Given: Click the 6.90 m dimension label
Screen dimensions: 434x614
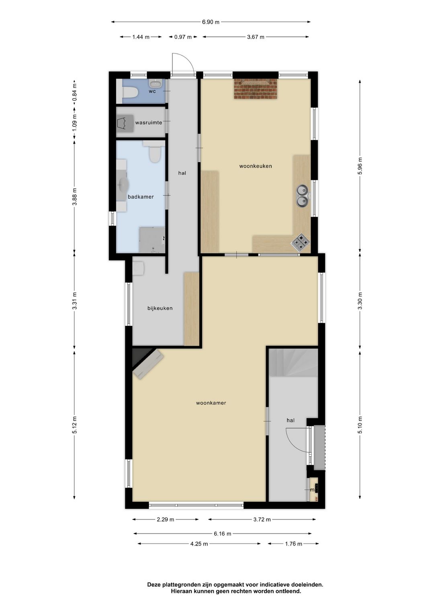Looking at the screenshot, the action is pyautogui.click(x=211, y=22).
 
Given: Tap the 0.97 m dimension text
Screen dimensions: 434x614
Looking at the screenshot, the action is pyautogui.click(x=182, y=37).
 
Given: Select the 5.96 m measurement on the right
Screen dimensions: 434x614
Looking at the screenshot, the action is pyautogui.click(x=360, y=166).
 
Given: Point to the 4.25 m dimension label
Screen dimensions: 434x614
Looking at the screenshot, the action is pyautogui.click(x=199, y=544).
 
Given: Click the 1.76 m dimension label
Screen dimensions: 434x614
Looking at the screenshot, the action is pyautogui.click(x=293, y=544).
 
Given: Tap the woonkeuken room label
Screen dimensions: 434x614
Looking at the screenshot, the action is pyautogui.click(x=256, y=166).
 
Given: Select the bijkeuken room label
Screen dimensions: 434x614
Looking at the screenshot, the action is pyautogui.click(x=160, y=308).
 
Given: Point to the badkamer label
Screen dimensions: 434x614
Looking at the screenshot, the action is pyautogui.click(x=141, y=197).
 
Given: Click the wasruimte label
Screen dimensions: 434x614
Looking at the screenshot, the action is pyautogui.click(x=149, y=123).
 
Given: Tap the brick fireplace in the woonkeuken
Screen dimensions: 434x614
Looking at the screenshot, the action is pyautogui.click(x=256, y=89).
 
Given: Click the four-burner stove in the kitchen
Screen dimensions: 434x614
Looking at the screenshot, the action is pyautogui.click(x=300, y=242).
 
